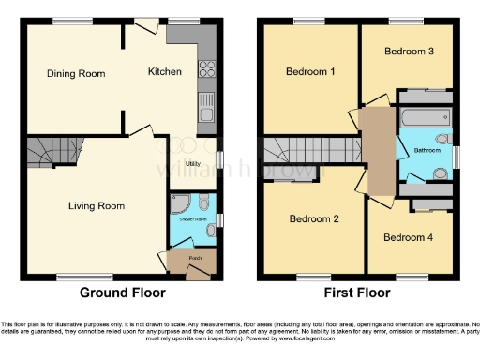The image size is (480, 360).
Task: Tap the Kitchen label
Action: click(164, 71)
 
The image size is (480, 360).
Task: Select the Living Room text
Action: click(97, 205)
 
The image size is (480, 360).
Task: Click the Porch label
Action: click(194, 257)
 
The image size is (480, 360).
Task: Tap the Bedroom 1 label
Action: click(309, 71)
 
